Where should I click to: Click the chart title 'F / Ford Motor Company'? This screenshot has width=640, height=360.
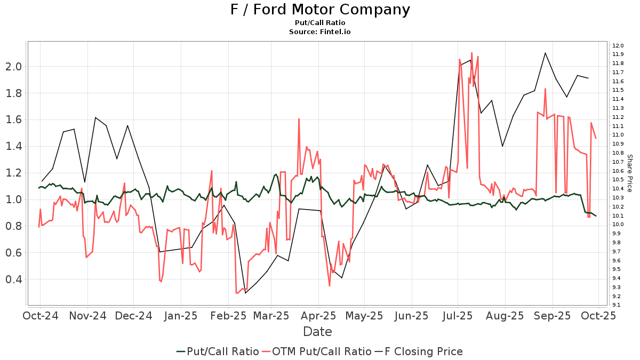coord(320,10)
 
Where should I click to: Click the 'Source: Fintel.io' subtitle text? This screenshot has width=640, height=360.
coord(320,32)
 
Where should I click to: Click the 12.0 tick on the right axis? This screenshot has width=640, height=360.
coord(618,45)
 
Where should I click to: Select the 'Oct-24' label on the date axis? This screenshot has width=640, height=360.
coord(41,316)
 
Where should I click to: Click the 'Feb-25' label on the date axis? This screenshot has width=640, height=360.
coord(229,316)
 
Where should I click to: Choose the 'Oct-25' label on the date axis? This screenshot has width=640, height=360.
coord(599,316)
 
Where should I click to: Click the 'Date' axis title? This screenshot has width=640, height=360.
coord(317,332)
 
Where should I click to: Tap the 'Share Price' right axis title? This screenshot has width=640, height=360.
coord(629,173)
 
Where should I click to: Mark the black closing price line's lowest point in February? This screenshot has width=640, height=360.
coord(245,293)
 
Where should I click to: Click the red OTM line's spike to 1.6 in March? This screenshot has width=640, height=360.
coord(299,119)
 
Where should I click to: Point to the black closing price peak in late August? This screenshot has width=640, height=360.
coord(545,53)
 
